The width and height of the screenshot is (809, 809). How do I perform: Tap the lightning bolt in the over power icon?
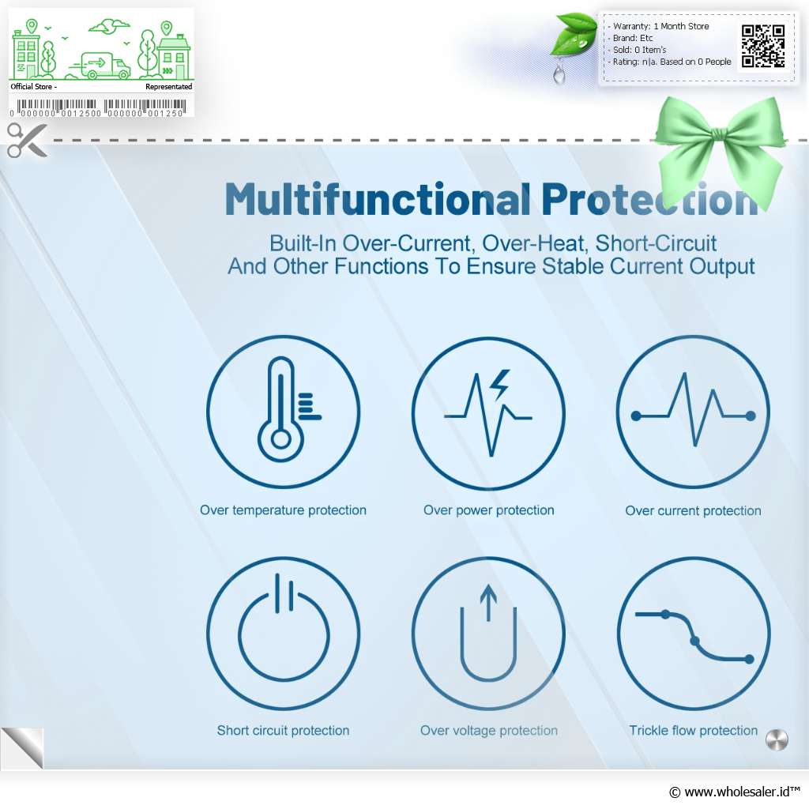click(499, 385)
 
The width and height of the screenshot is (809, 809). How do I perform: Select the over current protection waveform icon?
click(693, 411)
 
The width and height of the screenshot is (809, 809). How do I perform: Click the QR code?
click(763, 46)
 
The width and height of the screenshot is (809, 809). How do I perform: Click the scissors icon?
click(27, 140)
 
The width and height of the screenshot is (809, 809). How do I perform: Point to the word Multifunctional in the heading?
click(378, 199)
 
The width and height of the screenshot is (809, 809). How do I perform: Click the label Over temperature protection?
click(283, 510)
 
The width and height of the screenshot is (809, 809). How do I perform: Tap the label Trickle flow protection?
click(693, 730)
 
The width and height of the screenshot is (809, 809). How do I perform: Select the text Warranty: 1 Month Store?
click(661, 26)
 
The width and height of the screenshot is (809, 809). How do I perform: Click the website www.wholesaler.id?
click(735, 792)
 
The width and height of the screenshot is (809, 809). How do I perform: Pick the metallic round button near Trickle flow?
click(777, 740)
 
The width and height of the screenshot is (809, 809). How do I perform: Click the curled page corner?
click(23, 748)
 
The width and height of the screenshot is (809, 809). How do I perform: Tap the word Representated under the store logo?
click(169, 87)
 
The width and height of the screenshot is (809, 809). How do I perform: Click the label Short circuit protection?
click(283, 730)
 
